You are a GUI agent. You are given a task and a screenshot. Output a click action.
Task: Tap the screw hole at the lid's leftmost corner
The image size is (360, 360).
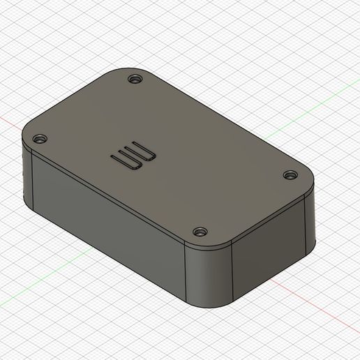pos(40,139)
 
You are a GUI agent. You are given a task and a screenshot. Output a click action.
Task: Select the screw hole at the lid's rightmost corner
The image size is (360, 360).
pos(288,174)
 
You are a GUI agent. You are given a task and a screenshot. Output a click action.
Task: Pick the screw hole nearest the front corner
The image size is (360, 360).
pos(200,231)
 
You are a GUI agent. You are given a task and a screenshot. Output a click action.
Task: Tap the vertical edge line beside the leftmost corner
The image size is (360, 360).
pos(32,181)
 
